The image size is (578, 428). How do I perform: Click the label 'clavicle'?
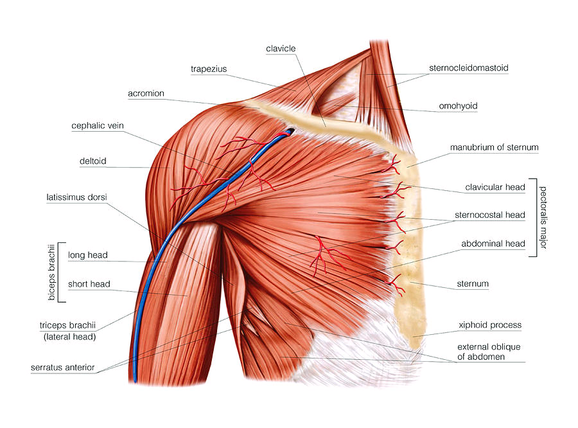coord(281,48)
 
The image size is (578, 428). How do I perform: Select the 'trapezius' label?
coord(209,68)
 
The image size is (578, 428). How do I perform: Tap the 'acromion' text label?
coord(146,93)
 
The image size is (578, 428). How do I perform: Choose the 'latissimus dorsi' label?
coord(76,198)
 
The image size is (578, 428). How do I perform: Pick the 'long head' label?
coord(87,255)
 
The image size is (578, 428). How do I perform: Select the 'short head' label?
coord(89,284)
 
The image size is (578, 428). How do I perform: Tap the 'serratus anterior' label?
coord(63,368)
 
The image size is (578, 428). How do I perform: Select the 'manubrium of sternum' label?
coord(494,147)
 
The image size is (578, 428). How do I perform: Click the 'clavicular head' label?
coord(495,188)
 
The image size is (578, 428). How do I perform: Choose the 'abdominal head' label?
coord(493,244)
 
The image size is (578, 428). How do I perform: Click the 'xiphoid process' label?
coord(490,325)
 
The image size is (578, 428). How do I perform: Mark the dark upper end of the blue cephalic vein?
coord(290,131)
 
